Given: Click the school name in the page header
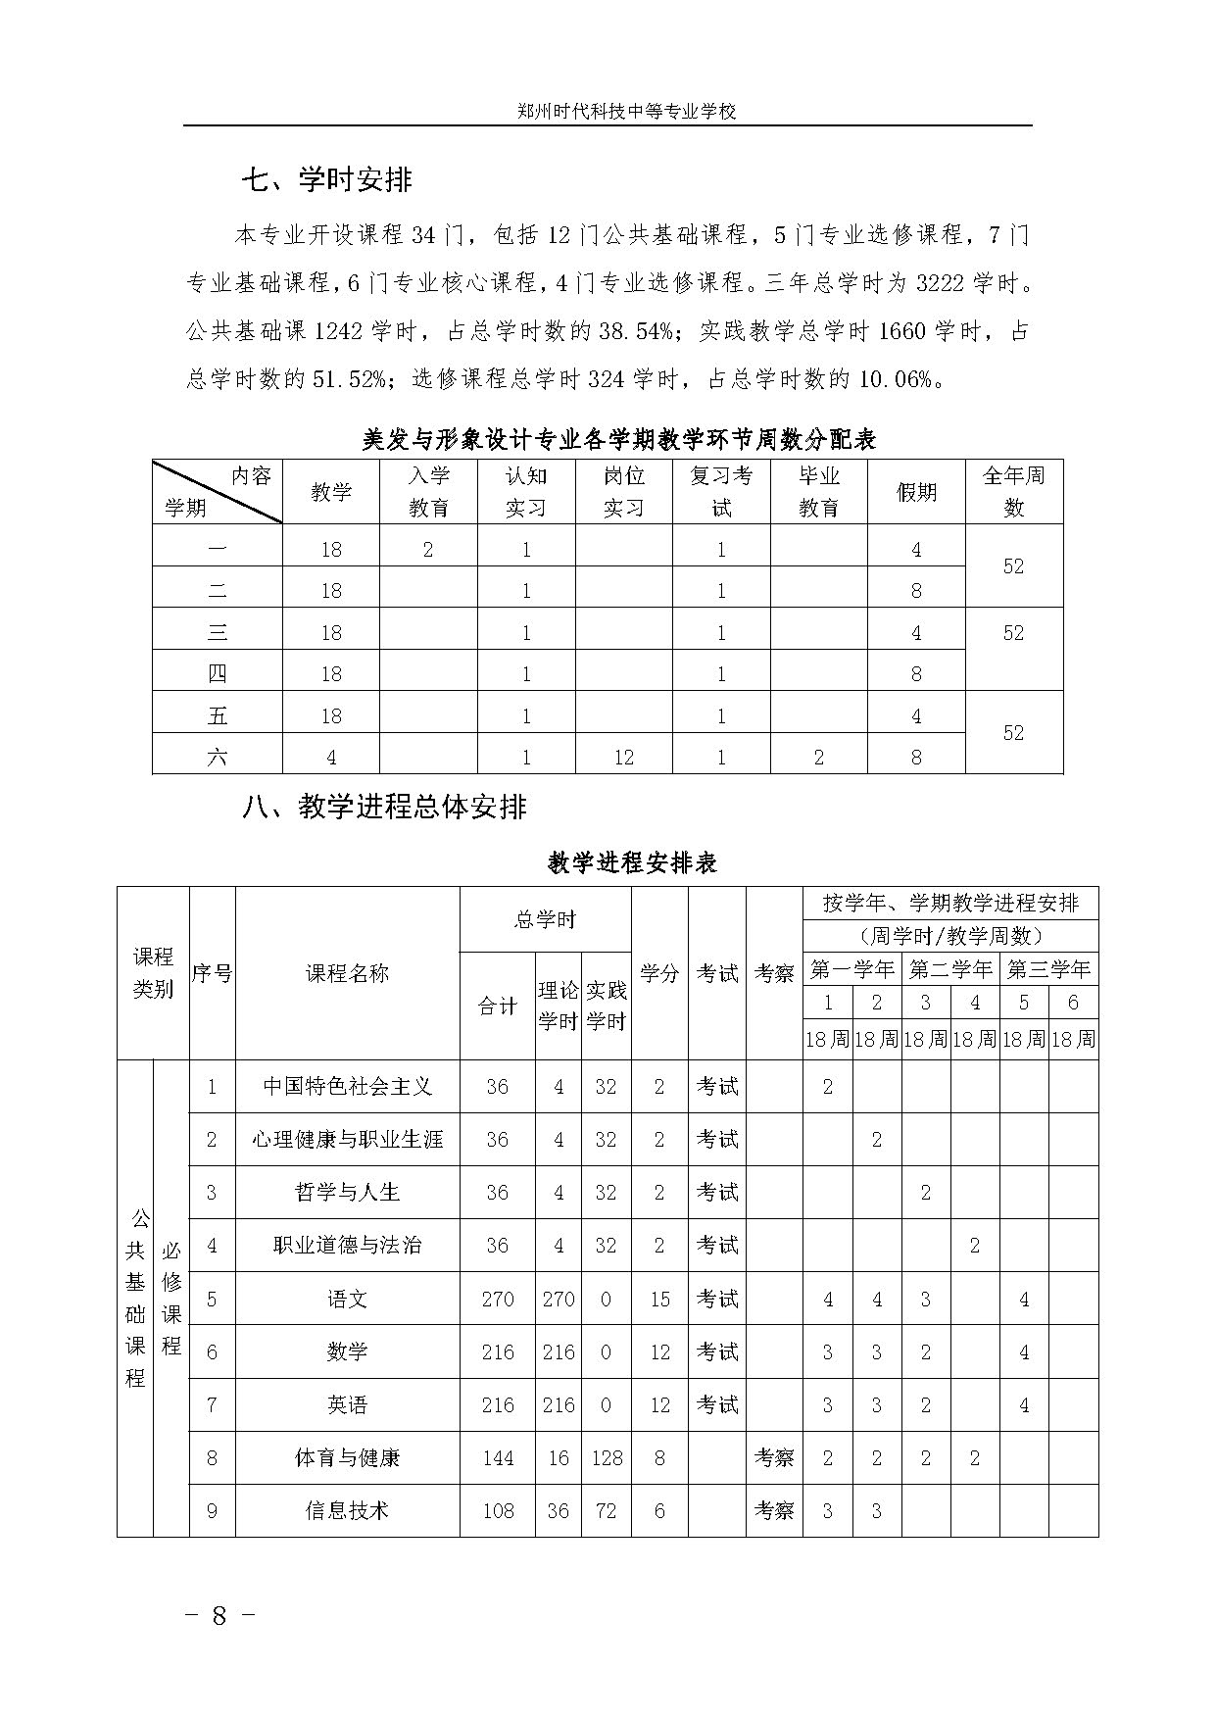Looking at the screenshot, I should coord(626,112).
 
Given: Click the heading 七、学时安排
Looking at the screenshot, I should coord(327,179).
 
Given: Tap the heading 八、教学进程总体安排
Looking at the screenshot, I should coord(385,807).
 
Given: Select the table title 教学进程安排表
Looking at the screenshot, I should coord(632,862).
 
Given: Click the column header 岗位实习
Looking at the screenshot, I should coord(623,491).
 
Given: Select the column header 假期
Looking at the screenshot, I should coord(916,492).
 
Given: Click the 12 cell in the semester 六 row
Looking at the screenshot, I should coord(623,757).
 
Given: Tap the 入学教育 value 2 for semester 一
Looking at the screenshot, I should coord(428,550).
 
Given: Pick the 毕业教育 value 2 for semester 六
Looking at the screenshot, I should coord(818,757).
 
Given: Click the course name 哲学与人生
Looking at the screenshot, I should coord(347,1193).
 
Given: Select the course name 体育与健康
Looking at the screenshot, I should coord(347,1457).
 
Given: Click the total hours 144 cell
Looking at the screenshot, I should coord(498,1457).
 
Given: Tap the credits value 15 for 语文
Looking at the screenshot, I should coord(659,1299).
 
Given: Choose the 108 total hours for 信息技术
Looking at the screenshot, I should coord(498,1510).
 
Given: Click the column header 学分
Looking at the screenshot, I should coord(659,973).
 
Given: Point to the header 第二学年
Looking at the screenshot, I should coord(949,969).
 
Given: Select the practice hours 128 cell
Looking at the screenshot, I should coord(607,1457).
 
